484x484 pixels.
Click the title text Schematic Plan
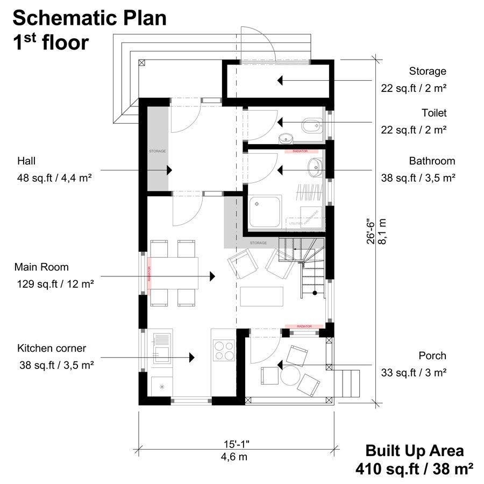pyautogui.click(x=89, y=18)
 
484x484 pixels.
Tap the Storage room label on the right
pyautogui.click(x=428, y=71)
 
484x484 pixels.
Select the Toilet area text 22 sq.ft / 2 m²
pyautogui.click(x=414, y=130)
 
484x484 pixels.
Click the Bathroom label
pyautogui.click(x=431, y=161)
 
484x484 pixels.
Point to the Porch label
pyautogui.click(x=432, y=355)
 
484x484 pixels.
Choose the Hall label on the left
pyautogui.click(x=26, y=161)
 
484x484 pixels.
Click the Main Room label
pyautogui.click(x=41, y=267)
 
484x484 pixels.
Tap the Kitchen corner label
pyautogui.click(x=51, y=348)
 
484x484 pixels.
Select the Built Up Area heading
pyautogui.click(x=414, y=450)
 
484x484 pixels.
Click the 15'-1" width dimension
pyautogui.click(x=237, y=444)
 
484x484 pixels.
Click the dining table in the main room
pyautogui.click(x=173, y=273)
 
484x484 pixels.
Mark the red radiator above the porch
pyautogui.click(x=304, y=326)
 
